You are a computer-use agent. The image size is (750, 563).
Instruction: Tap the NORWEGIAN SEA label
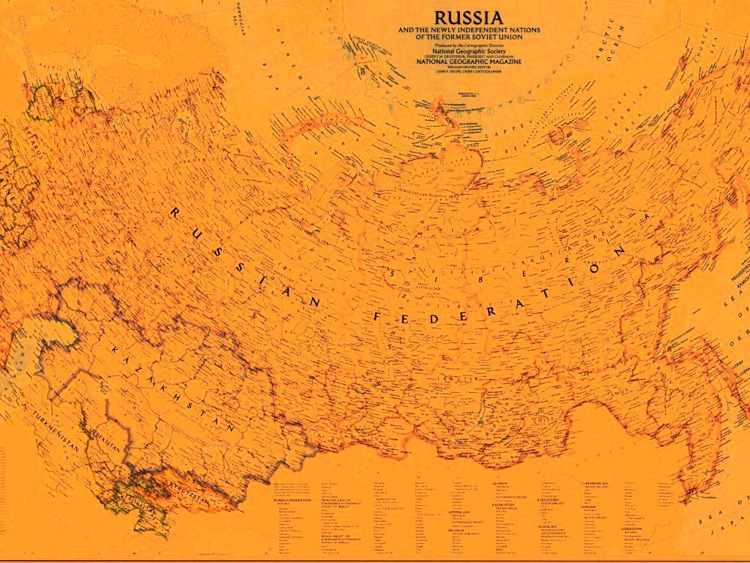tap(238, 18)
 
